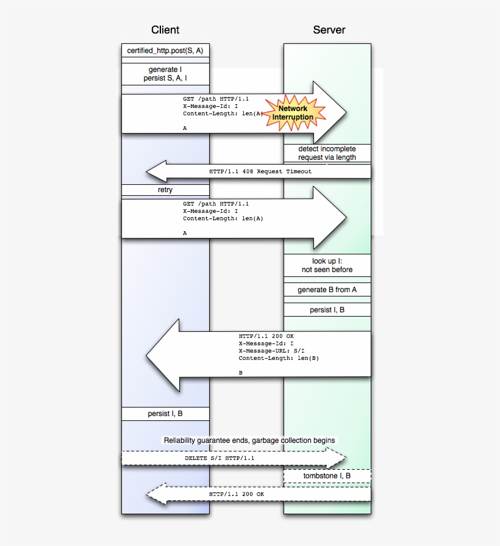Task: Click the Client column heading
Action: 165,30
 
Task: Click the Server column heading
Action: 329,30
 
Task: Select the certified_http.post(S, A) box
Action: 165,51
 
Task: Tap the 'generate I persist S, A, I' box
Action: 165,74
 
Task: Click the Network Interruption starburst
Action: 293,112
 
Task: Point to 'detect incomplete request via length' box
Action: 327,153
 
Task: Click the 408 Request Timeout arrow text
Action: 260,171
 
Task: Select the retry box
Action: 165,190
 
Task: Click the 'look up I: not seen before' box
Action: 327,265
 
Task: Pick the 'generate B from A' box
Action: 327,290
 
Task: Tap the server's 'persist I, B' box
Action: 327,310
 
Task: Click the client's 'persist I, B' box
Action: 165,414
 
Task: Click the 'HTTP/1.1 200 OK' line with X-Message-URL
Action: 266,336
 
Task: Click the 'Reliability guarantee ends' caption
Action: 249,440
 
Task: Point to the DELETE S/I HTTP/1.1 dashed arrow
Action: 220,458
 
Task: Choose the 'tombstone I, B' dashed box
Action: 327,475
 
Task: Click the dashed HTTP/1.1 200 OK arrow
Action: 237,494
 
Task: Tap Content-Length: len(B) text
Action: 279,358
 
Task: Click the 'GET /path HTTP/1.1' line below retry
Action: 216,204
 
